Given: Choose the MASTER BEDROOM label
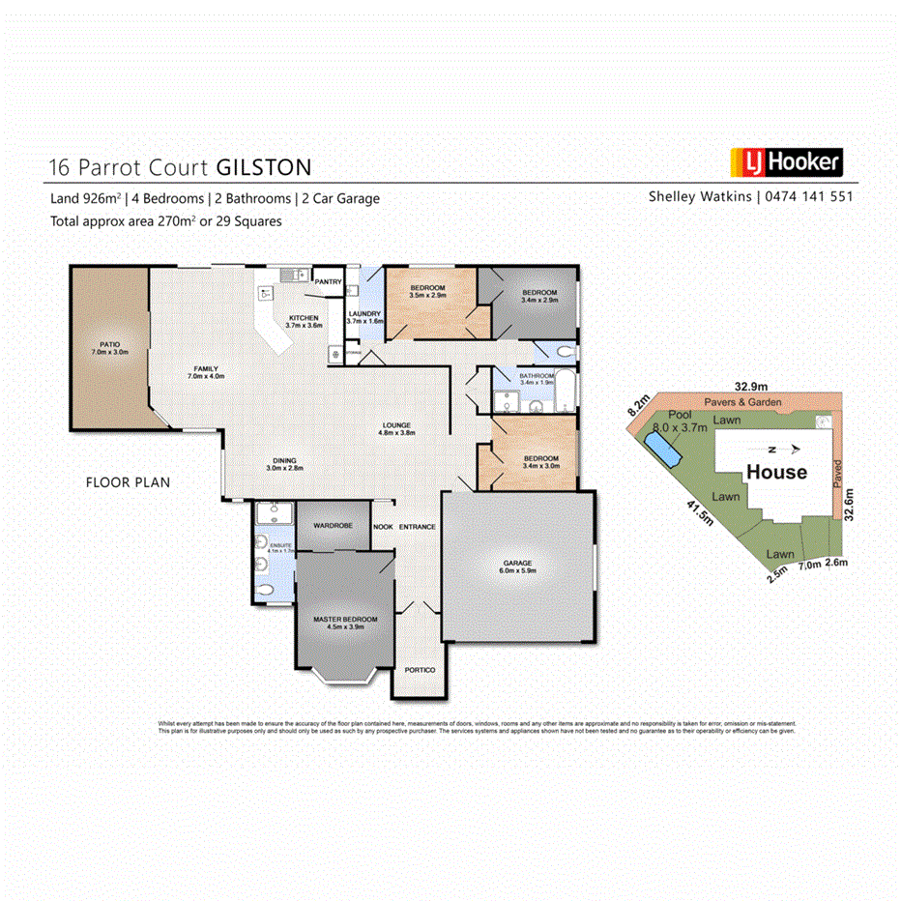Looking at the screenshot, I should pos(345,619).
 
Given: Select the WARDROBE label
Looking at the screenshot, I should pos(332,525).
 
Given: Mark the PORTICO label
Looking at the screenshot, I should pos(420,670).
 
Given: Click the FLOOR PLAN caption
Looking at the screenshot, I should pos(128,480).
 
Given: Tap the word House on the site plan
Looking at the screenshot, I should pos(776,472).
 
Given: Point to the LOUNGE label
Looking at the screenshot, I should pos(396,424).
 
